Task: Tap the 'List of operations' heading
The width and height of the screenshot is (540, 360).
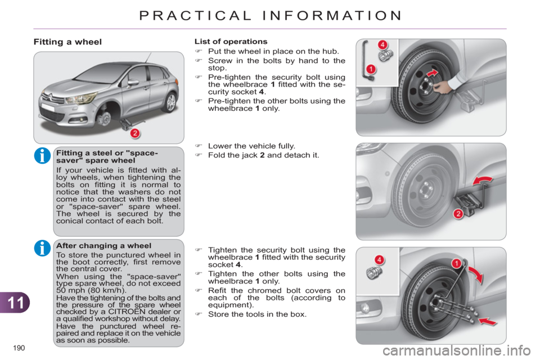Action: click(231, 41)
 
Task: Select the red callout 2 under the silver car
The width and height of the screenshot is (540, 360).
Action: click(134, 133)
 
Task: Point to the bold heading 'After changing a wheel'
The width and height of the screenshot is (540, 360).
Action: click(96, 246)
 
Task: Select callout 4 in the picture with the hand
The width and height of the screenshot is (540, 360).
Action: click(382, 44)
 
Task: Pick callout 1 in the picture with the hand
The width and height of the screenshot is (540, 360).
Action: click(371, 69)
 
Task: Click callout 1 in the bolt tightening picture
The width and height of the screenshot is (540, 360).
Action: click(456, 263)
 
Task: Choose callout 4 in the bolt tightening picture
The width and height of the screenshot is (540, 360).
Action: click(380, 259)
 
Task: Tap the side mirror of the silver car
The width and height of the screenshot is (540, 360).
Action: click(133, 82)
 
